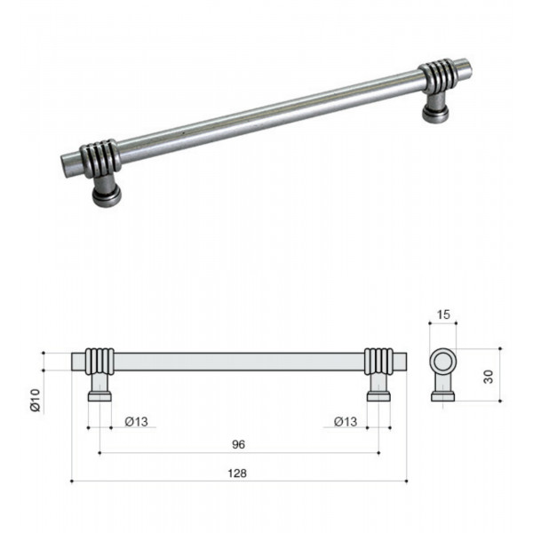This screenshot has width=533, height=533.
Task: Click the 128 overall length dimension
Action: click(x=237, y=473)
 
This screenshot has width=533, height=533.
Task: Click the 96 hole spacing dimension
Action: click(x=238, y=444)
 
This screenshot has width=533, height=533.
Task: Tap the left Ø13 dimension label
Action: click(x=136, y=421)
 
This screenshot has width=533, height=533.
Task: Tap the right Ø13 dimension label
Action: click(x=346, y=421)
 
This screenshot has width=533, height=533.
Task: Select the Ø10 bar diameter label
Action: click(x=36, y=400)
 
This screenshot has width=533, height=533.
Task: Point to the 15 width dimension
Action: click(x=443, y=314)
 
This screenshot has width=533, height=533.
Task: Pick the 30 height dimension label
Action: click(x=488, y=377)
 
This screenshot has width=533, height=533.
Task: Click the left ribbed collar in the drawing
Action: click(x=99, y=362)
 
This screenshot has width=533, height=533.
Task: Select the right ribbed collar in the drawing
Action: click(x=378, y=362)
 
